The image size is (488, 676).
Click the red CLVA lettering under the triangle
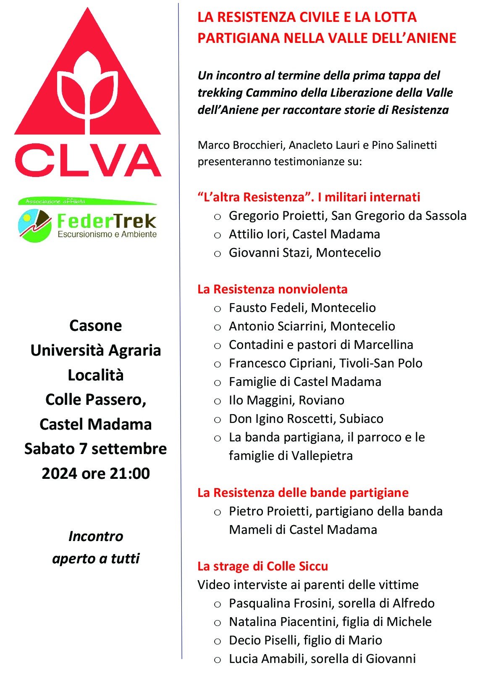[88, 160]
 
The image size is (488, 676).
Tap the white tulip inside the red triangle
[88, 90]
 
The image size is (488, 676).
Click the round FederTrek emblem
[35, 225]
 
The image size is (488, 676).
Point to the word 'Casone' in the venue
[96, 326]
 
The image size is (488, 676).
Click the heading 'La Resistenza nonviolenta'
[273, 289]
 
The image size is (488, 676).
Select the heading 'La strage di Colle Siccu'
[262, 566]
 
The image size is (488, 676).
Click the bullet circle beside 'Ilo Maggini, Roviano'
[217, 401]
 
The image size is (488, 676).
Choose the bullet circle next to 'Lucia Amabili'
[217, 660]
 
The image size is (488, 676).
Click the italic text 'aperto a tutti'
[96, 559]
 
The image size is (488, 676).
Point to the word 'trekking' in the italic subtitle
[220, 93]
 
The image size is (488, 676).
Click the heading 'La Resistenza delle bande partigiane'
[303, 493]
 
